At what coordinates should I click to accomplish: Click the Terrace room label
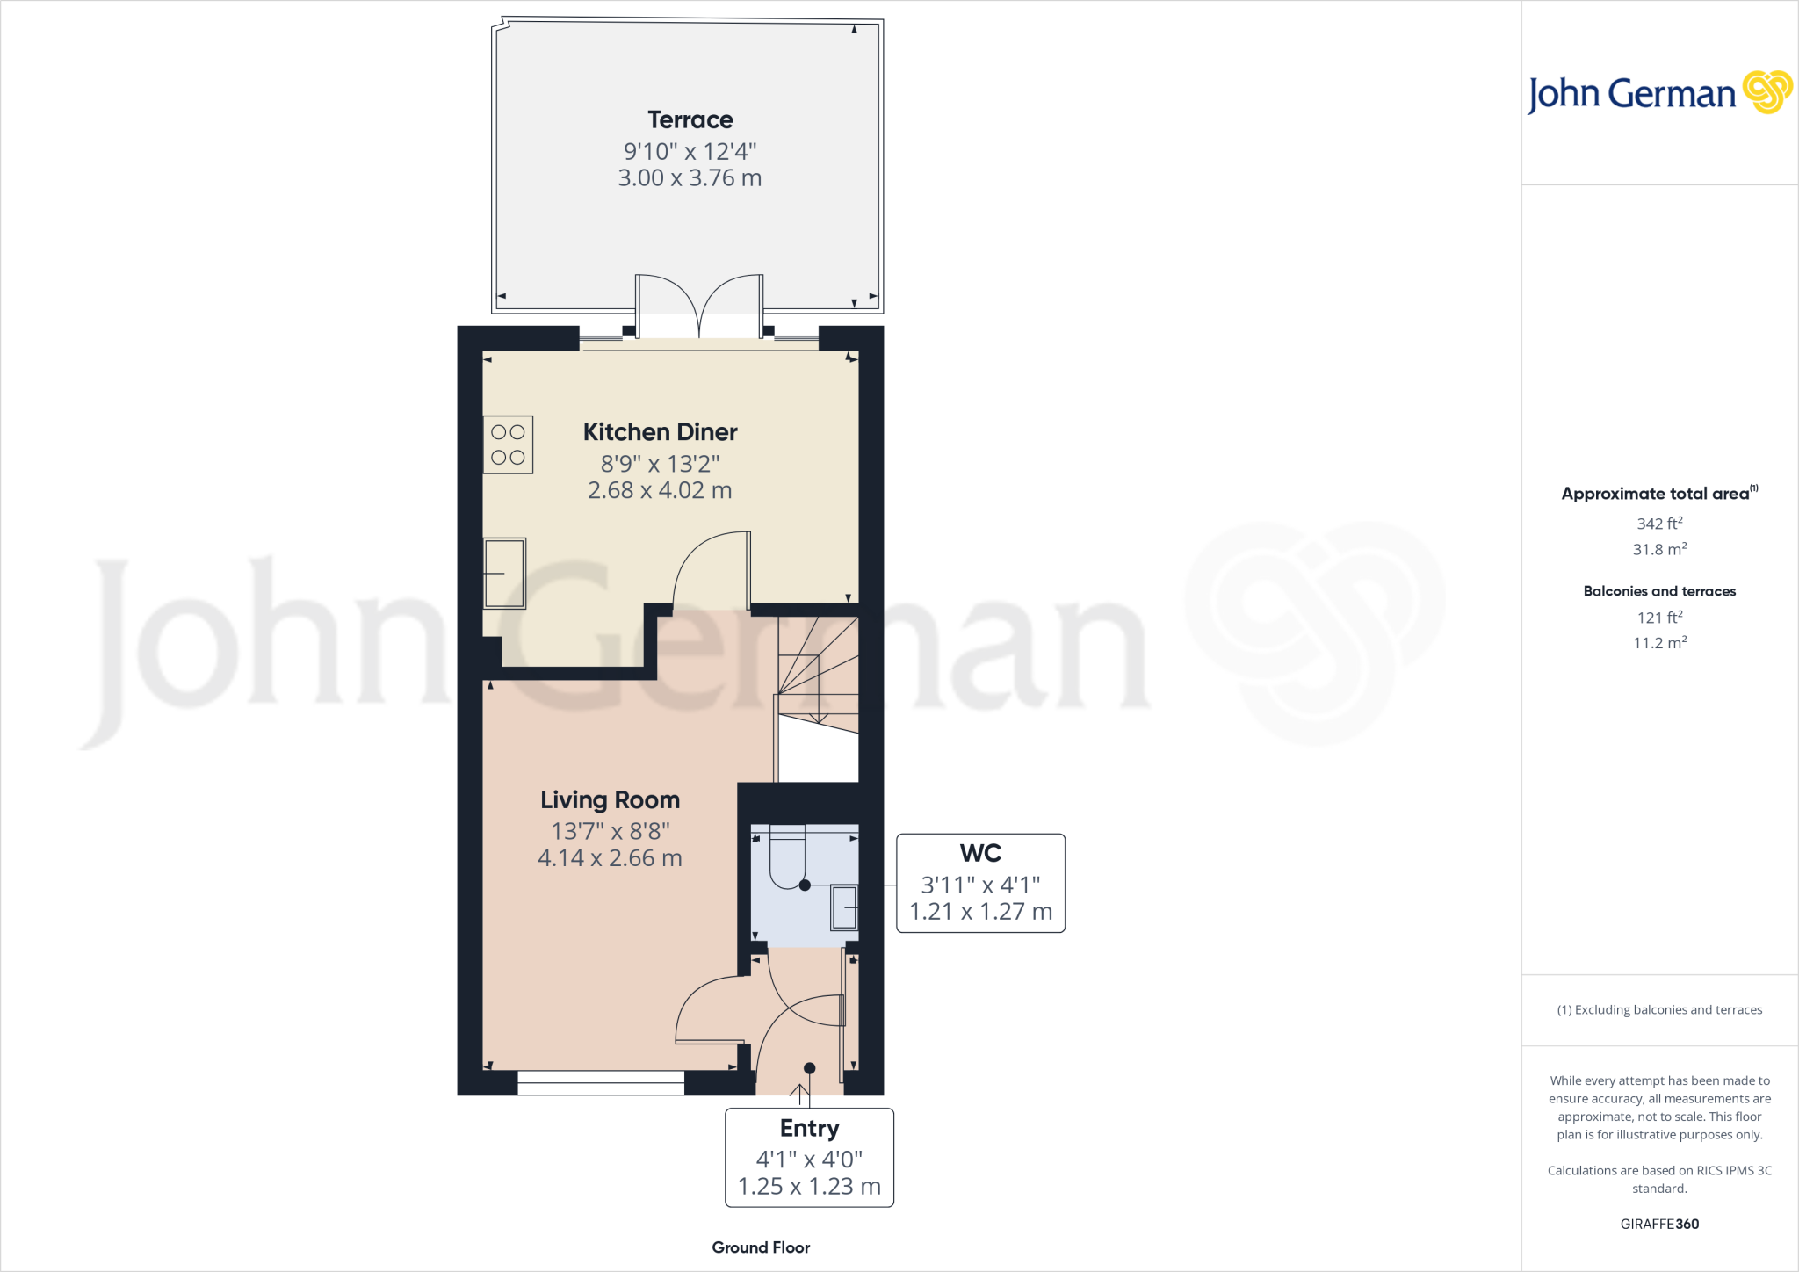[x=690, y=119]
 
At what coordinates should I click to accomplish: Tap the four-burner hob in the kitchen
[x=508, y=444]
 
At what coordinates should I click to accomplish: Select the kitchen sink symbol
[x=504, y=573]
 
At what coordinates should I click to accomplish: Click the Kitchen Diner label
[x=660, y=432]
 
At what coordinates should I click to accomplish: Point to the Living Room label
[x=610, y=800]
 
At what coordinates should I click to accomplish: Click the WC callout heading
[x=980, y=853]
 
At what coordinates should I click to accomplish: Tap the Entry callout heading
[x=809, y=1128]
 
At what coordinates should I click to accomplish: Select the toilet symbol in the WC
[x=787, y=857]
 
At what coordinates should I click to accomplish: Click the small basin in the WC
[x=844, y=907]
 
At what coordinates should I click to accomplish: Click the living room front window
[x=601, y=1083]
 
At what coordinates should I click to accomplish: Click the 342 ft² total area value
[x=1659, y=524]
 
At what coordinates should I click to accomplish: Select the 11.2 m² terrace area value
[x=1659, y=643]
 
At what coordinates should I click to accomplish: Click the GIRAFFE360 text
[x=1659, y=1224]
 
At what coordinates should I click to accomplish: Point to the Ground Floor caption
[x=761, y=1247]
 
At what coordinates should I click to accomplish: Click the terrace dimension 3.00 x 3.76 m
[x=690, y=178]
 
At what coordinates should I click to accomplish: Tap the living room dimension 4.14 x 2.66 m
[x=610, y=858]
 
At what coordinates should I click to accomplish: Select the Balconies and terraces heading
[x=1659, y=591]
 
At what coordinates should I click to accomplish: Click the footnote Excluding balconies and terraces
[x=1659, y=1010]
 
